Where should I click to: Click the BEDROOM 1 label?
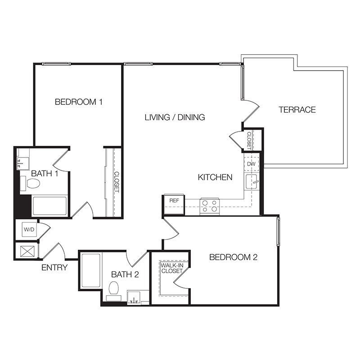[x=78, y=102]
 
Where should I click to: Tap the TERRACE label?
[x=297, y=110]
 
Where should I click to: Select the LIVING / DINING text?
[x=175, y=117]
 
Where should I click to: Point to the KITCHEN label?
[x=215, y=177]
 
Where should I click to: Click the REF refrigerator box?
[x=174, y=205]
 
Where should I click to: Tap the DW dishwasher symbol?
[x=252, y=164]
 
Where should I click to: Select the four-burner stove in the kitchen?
[x=210, y=206]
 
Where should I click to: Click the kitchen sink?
[x=251, y=182]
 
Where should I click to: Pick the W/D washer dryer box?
[x=29, y=229]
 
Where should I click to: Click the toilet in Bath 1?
[x=31, y=184]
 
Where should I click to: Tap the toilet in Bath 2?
[x=114, y=291]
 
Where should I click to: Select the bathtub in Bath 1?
[x=49, y=206]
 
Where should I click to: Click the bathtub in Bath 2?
[x=91, y=270]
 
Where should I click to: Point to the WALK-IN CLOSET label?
[x=172, y=268]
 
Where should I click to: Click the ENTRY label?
[x=54, y=267]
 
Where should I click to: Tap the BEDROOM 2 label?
[x=233, y=257]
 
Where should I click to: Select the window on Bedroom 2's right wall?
[x=279, y=232]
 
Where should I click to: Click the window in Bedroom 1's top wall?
[x=56, y=64]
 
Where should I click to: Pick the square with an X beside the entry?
[x=27, y=251]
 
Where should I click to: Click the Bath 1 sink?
[x=23, y=163]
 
